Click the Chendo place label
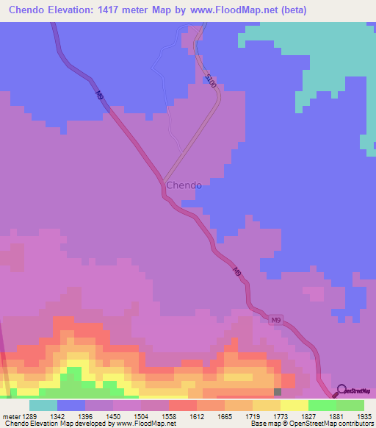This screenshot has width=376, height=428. (184, 185)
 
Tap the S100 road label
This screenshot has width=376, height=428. (211, 81)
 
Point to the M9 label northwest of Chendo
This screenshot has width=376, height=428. (100, 95)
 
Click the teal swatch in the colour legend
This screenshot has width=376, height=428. (43, 406)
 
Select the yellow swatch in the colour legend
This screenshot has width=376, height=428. (294, 406)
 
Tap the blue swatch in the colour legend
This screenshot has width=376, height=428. (70, 406)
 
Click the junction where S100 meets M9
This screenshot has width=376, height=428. (163, 179)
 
